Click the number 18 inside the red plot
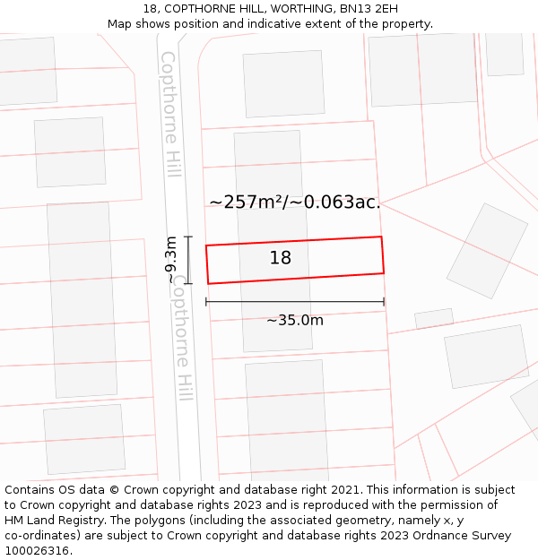(281, 258)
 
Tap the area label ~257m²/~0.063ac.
(295, 202)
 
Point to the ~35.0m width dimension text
(295, 320)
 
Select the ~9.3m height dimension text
(171, 260)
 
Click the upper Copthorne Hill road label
(170, 114)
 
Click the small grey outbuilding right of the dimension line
(434, 319)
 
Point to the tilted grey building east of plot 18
(488, 251)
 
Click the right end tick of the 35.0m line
(384, 302)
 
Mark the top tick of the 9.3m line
(188, 237)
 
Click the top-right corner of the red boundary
(382, 237)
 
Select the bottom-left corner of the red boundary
(209, 284)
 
